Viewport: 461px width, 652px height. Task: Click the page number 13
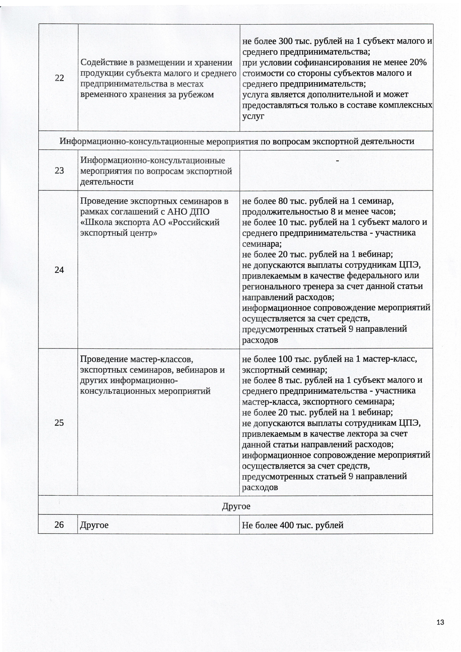point(440,622)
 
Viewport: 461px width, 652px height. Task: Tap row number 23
point(59,171)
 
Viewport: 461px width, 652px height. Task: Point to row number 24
point(59,270)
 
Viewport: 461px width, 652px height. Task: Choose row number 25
point(59,423)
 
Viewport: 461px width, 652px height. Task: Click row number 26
point(59,524)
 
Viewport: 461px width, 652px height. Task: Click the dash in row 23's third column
point(337,161)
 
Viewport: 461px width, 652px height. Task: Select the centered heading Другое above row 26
point(236,506)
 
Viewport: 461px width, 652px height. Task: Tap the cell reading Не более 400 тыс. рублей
point(292,525)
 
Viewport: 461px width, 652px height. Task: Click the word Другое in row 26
point(94,525)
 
